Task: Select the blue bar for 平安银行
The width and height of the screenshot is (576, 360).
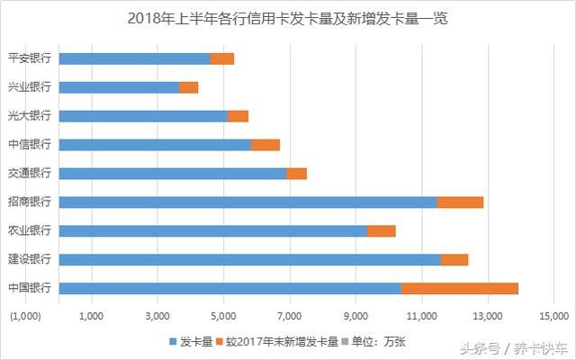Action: coord(135,58)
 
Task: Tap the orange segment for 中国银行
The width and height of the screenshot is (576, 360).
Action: coord(459,288)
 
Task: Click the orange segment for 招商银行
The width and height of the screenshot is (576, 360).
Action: coord(460,202)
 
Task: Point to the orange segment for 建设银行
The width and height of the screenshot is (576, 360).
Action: coord(454,259)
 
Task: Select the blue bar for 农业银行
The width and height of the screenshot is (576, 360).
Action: coord(213,230)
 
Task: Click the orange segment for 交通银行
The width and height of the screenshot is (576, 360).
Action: coord(296,173)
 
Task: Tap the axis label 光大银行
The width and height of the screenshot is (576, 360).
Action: coord(29,116)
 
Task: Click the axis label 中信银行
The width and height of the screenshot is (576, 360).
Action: coord(29,145)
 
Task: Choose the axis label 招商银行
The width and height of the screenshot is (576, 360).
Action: coord(29,202)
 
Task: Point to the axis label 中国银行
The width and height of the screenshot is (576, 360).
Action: coord(29,288)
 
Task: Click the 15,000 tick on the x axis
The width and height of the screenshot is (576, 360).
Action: coord(553,316)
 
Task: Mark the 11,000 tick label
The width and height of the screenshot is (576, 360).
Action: coord(421,316)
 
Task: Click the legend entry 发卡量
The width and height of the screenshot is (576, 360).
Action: coord(191,341)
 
